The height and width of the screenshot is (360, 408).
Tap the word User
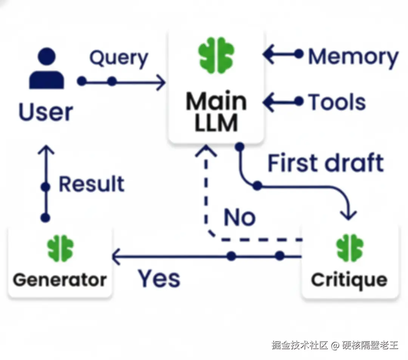pos(46,112)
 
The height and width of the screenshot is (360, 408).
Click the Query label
pos(119,59)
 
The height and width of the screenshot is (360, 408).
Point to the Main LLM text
pos(216,112)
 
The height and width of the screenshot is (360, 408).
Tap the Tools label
pos(337,102)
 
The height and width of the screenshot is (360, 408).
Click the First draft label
pos(326,163)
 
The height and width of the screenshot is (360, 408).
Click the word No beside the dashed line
pos(240,218)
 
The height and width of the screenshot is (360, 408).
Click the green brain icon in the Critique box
pos(349,248)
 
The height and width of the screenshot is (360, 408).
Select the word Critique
pos(349,280)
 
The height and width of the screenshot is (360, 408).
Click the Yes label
pos(159,278)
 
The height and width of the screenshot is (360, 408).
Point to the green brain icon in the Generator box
pos(60,248)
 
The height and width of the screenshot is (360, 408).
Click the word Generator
pos(60,280)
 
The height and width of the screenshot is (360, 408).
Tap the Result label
pos(91,184)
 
